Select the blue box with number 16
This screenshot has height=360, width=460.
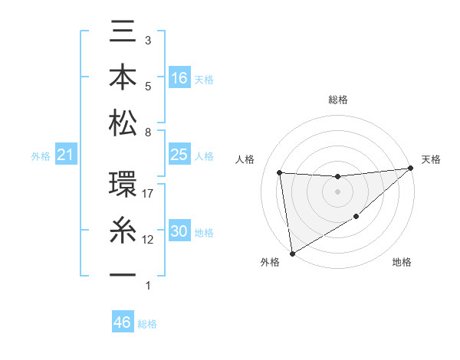179,77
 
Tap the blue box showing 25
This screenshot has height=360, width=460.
179,155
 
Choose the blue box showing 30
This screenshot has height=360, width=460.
179,231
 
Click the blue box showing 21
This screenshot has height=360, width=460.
66,155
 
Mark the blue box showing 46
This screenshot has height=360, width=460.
123,322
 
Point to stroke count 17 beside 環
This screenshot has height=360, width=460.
149,194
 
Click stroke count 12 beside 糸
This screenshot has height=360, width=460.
149,240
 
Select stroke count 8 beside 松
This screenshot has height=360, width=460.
148,133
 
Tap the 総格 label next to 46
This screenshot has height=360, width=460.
147,324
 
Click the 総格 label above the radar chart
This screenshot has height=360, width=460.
337,100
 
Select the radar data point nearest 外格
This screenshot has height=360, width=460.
292,253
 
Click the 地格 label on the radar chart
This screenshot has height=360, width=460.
402,263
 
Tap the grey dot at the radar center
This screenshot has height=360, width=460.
337,191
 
